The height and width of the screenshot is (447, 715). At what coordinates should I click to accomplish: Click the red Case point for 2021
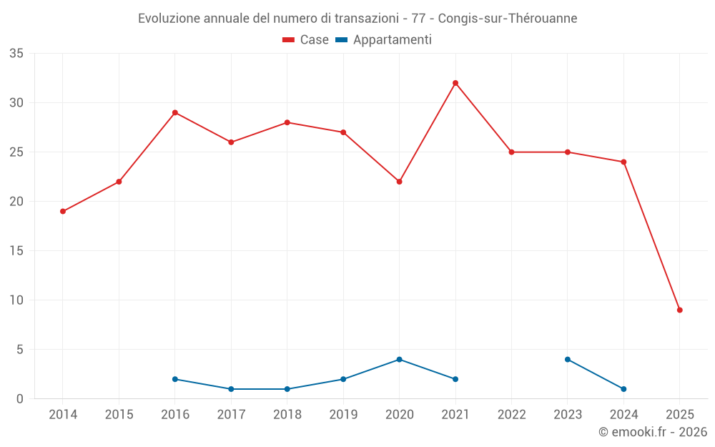point(455,83)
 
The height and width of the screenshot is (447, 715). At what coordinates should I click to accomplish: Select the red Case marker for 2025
point(680,310)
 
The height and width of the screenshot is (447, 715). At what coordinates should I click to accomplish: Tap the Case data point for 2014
point(63,211)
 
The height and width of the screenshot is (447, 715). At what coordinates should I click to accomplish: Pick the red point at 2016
point(175,112)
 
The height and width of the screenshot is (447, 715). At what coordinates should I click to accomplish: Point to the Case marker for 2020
point(400,182)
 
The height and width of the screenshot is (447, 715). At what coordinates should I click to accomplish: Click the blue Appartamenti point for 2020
point(400,359)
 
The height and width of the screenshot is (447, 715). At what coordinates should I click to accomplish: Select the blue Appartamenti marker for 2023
point(568,359)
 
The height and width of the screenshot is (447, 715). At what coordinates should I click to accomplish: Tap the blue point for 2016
point(175,379)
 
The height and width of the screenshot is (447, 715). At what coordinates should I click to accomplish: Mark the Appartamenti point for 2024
point(623,389)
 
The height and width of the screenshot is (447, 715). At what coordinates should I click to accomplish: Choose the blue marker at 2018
point(287,389)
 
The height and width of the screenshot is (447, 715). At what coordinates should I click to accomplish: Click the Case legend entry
point(306,40)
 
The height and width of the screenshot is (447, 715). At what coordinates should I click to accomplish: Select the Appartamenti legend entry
point(384,40)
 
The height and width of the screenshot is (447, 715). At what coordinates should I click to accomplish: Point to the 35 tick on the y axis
point(16,54)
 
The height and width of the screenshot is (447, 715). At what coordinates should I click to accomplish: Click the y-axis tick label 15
point(16,251)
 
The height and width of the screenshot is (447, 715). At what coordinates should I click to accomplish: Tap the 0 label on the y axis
point(20,399)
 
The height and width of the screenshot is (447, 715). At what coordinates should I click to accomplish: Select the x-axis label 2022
point(511,414)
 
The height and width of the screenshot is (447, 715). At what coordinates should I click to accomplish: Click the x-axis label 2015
point(119,414)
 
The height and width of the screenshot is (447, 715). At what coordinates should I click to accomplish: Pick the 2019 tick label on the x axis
point(343,414)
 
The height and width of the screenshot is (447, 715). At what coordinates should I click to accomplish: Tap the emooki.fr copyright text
point(652,432)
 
